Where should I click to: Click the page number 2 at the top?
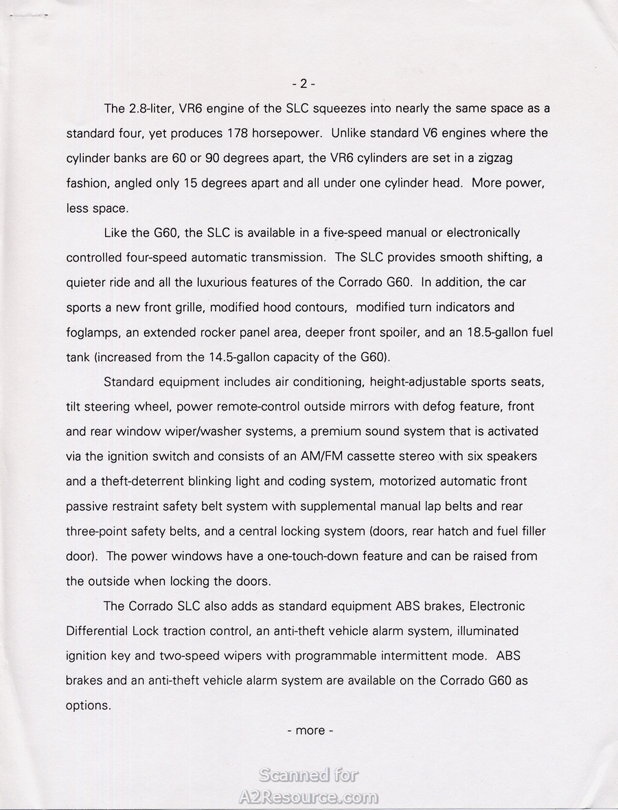tap(304, 84)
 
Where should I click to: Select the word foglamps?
tap(94, 332)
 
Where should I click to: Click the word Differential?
tap(97, 631)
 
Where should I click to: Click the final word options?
tap(88, 706)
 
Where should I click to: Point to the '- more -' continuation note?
tap(310, 730)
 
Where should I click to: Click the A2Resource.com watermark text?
tap(308, 797)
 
